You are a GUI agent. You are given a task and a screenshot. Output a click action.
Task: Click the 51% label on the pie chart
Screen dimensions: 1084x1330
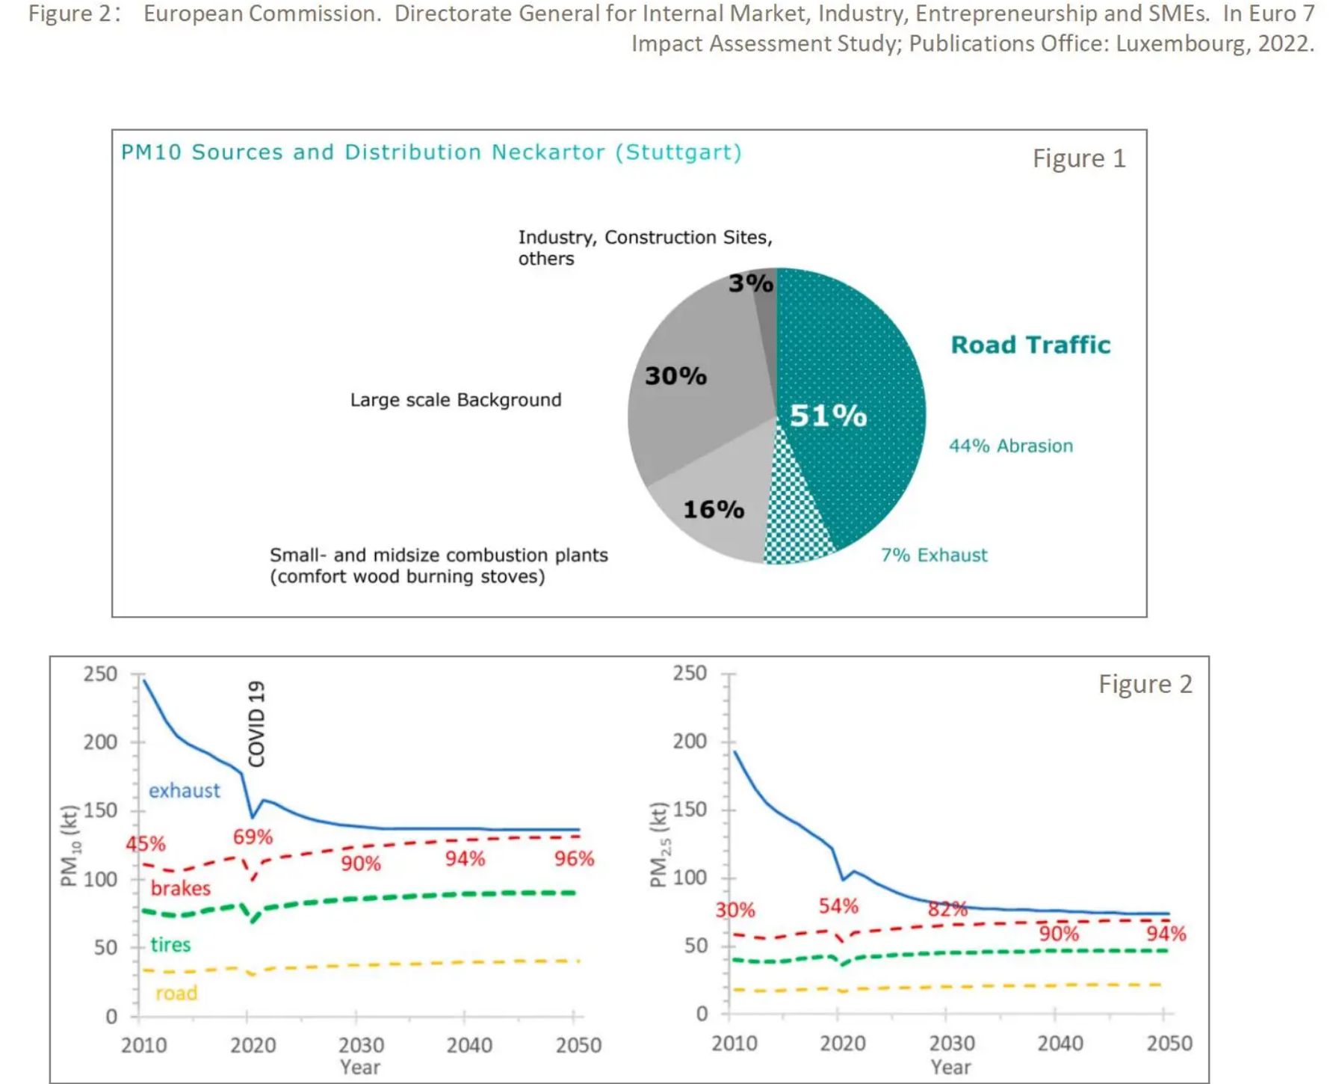(x=828, y=416)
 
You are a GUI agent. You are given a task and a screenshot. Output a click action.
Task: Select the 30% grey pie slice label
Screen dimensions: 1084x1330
(x=675, y=375)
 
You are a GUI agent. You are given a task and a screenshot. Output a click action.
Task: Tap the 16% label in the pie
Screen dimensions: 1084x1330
(x=714, y=509)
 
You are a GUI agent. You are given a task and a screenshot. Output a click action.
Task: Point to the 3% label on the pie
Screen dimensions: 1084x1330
(x=751, y=283)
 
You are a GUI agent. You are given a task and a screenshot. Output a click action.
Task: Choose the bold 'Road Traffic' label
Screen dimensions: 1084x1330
(x=1030, y=345)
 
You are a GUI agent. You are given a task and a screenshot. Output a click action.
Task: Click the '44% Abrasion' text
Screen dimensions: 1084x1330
(x=1010, y=446)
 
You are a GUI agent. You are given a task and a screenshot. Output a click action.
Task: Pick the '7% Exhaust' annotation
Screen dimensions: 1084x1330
(x=933, y=555)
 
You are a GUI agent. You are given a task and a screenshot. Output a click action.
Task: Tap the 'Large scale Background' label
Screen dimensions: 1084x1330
(x=456, y=400)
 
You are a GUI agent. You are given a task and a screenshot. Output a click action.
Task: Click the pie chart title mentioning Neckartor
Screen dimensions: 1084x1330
(x=431, y=153)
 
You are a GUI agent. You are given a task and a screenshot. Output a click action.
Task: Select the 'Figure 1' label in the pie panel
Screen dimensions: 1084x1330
(x=1078, y=158)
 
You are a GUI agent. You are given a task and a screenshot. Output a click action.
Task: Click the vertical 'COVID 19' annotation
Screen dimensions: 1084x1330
(x=257, y=723)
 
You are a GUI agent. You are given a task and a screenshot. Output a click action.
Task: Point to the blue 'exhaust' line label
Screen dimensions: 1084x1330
(x=184, y=791)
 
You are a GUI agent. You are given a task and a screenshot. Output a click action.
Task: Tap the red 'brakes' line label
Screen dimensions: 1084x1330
(x=180, y=888)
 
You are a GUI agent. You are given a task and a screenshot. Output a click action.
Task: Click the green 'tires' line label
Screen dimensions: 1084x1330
(x=170, y=945)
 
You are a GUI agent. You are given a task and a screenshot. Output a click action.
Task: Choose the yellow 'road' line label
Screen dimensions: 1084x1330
(x=176, y=994)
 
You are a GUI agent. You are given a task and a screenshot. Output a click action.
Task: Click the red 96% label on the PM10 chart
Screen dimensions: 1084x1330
(x=574, y=859)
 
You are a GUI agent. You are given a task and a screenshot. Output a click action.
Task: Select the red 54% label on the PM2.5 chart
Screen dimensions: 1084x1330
(x=838, y=907)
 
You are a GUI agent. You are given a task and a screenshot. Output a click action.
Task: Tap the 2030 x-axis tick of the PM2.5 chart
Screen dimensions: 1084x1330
(x=951, y=1044)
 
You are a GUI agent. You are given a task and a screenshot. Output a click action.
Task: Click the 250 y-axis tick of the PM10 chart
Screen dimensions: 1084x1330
(x=100, y=674)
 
